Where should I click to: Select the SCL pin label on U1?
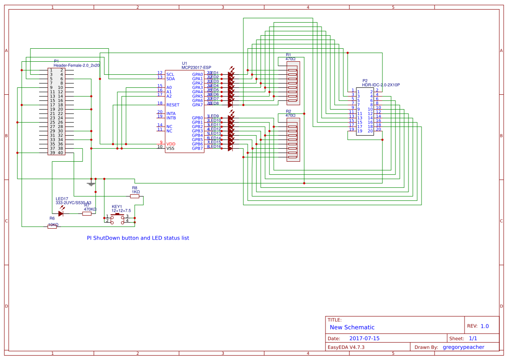(x=170, y=74)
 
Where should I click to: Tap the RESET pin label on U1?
(x=173, y=105)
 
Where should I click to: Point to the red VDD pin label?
(x=171, y=143)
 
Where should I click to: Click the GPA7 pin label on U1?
(x=197, y=105)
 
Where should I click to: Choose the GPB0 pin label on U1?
(x=197, y=118)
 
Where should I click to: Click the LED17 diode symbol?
(x=61, y=213)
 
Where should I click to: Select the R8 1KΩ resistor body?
(x=135, y=196)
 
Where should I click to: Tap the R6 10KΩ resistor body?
(x=52, y=227)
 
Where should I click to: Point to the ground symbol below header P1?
(x=91, y=184)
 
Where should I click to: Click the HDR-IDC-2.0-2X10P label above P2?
(x=381, y=85)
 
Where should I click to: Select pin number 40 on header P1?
(x=60, y=153)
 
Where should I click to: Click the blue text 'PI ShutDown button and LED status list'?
(x=138, y=238)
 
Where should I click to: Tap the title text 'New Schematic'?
(x=352, y=327)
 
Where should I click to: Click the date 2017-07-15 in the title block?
(x=364, y=338)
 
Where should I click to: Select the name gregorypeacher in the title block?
(x=463, y=347)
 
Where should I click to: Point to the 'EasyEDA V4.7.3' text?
(x=346, y=347)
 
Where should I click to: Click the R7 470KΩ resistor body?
(x=87, y=213)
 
